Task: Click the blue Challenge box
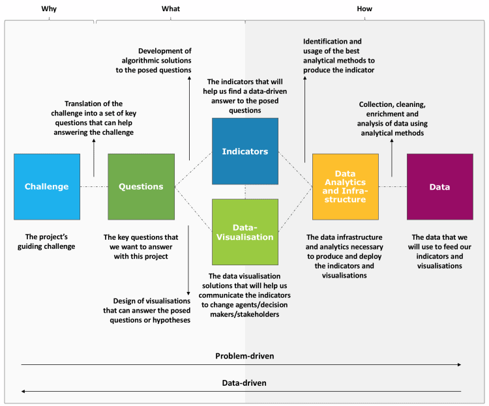click(47, 186)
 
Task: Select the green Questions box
click(141, 186)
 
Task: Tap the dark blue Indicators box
click(245, 151)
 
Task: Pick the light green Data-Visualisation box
click(245, 232)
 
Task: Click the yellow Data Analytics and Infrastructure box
click(345, 186)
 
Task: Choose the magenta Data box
click(439, 186)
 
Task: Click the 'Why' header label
click(48, 8)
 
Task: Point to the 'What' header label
click(171, 8)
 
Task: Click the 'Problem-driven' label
click(244, 356)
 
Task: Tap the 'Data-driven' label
click(244, 383)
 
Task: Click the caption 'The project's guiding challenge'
click(47, 242)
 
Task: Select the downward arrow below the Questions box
click(188, 261)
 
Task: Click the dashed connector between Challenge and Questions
click(94, 187)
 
